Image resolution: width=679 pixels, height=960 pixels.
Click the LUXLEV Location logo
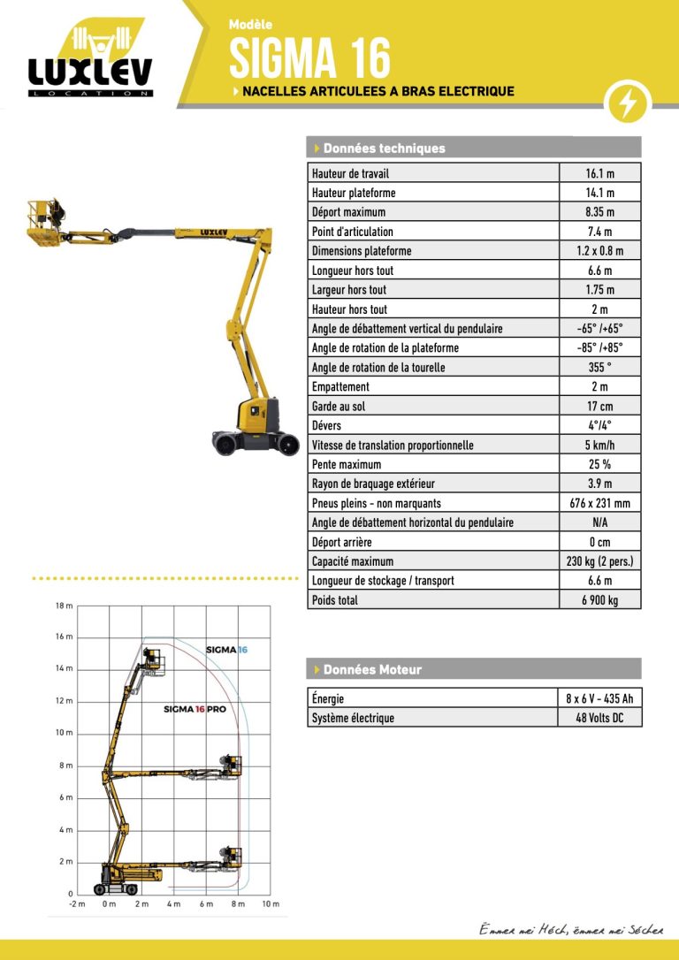click(90, 61)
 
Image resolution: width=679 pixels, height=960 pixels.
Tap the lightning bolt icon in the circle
click(628, 104)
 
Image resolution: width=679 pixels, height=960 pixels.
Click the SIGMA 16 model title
click(309, 58)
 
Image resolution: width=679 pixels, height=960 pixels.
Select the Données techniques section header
click(385, 149)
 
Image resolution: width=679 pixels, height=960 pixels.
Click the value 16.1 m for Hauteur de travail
click(599, 173)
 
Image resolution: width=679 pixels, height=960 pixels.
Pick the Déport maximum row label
click(348, 212)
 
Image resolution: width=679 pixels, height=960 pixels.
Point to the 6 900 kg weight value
click(599, 600)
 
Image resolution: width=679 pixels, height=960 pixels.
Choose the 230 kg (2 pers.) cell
click(599, 561)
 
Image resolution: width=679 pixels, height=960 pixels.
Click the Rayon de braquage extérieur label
click(373, 484)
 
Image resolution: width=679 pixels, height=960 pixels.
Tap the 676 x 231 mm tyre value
click(599, 503)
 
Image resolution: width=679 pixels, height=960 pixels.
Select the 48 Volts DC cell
click(599, 718)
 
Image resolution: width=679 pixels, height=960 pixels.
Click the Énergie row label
click(328, 698)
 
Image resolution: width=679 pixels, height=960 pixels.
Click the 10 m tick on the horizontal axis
click(271, 903)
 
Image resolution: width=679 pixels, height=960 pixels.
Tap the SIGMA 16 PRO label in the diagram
click(195, 709)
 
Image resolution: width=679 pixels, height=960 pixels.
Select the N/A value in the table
click(599, 522)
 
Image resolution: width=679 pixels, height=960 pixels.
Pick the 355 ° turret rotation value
click(599, 368)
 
